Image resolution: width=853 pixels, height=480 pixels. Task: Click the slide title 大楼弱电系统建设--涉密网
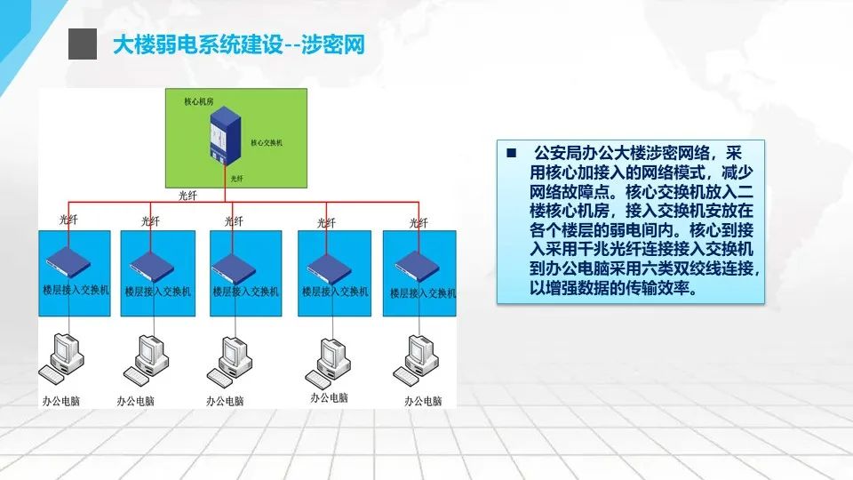tap(238, 44)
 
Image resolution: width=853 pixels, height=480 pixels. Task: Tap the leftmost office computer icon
tap(64, 356)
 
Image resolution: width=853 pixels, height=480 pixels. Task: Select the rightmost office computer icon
tap(419, 356)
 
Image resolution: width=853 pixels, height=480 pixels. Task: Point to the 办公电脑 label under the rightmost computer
tap(423, 401)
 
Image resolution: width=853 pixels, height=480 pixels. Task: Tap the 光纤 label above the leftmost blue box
tap(68, 220)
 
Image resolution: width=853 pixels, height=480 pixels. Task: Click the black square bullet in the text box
tap(511, 152)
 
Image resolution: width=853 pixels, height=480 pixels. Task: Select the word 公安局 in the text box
tap(554, 152)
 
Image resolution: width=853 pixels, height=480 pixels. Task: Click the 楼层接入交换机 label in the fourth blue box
tap(335, 292)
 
